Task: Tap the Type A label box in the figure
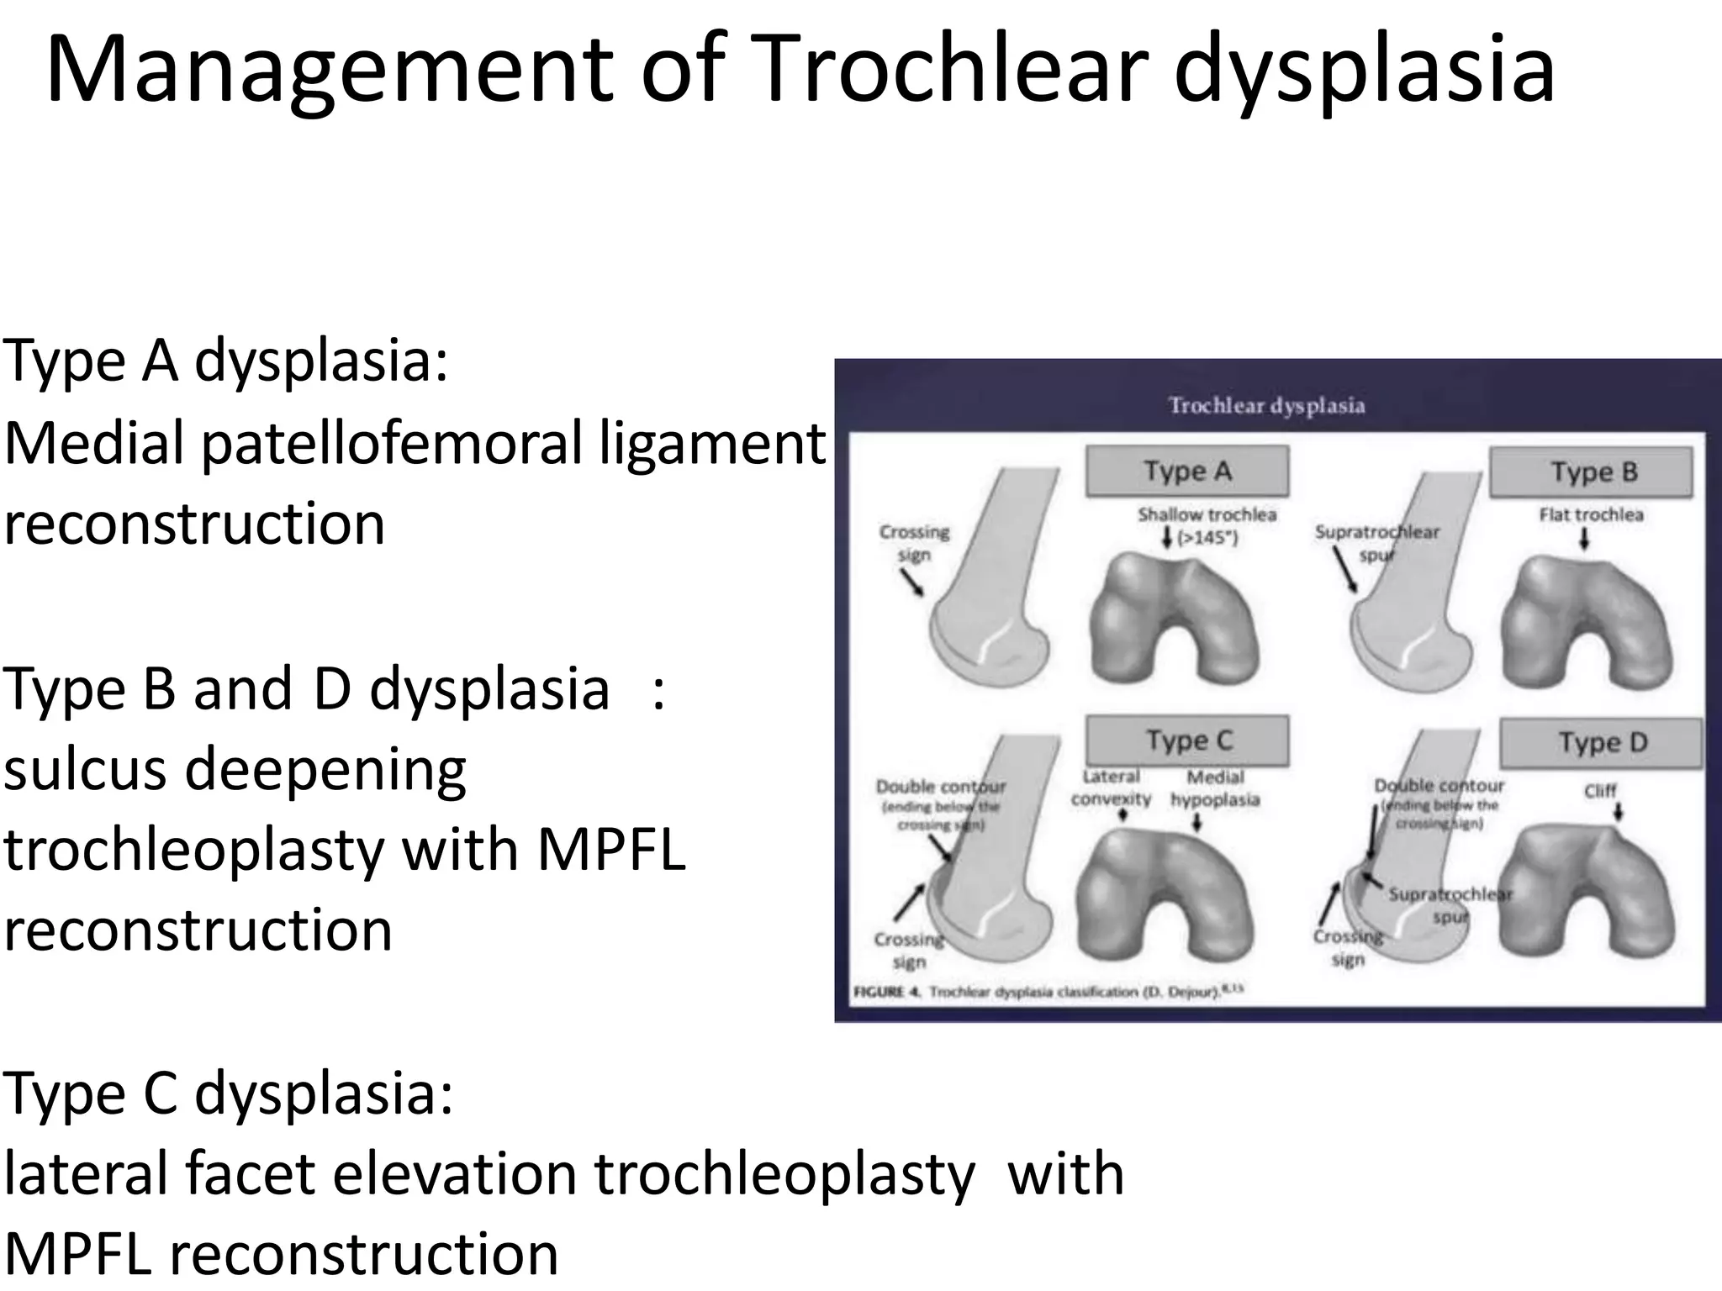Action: point(1186,471)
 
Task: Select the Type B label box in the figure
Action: point(1592,472)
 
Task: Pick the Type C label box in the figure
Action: point(1187,740)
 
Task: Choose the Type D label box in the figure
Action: point(1601,742)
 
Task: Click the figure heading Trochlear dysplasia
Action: point(1266,405)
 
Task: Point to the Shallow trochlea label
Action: point(1207,514)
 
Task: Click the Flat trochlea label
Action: point(1591,514)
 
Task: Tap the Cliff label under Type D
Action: point(1599,790)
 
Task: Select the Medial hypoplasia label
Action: point(1215,788)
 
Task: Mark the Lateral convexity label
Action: point(1111,788)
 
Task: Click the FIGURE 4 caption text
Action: point(1047,992)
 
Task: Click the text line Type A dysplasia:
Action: point(225,361)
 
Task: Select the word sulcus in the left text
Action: point(84,769)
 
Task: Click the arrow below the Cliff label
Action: point(1618,812)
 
